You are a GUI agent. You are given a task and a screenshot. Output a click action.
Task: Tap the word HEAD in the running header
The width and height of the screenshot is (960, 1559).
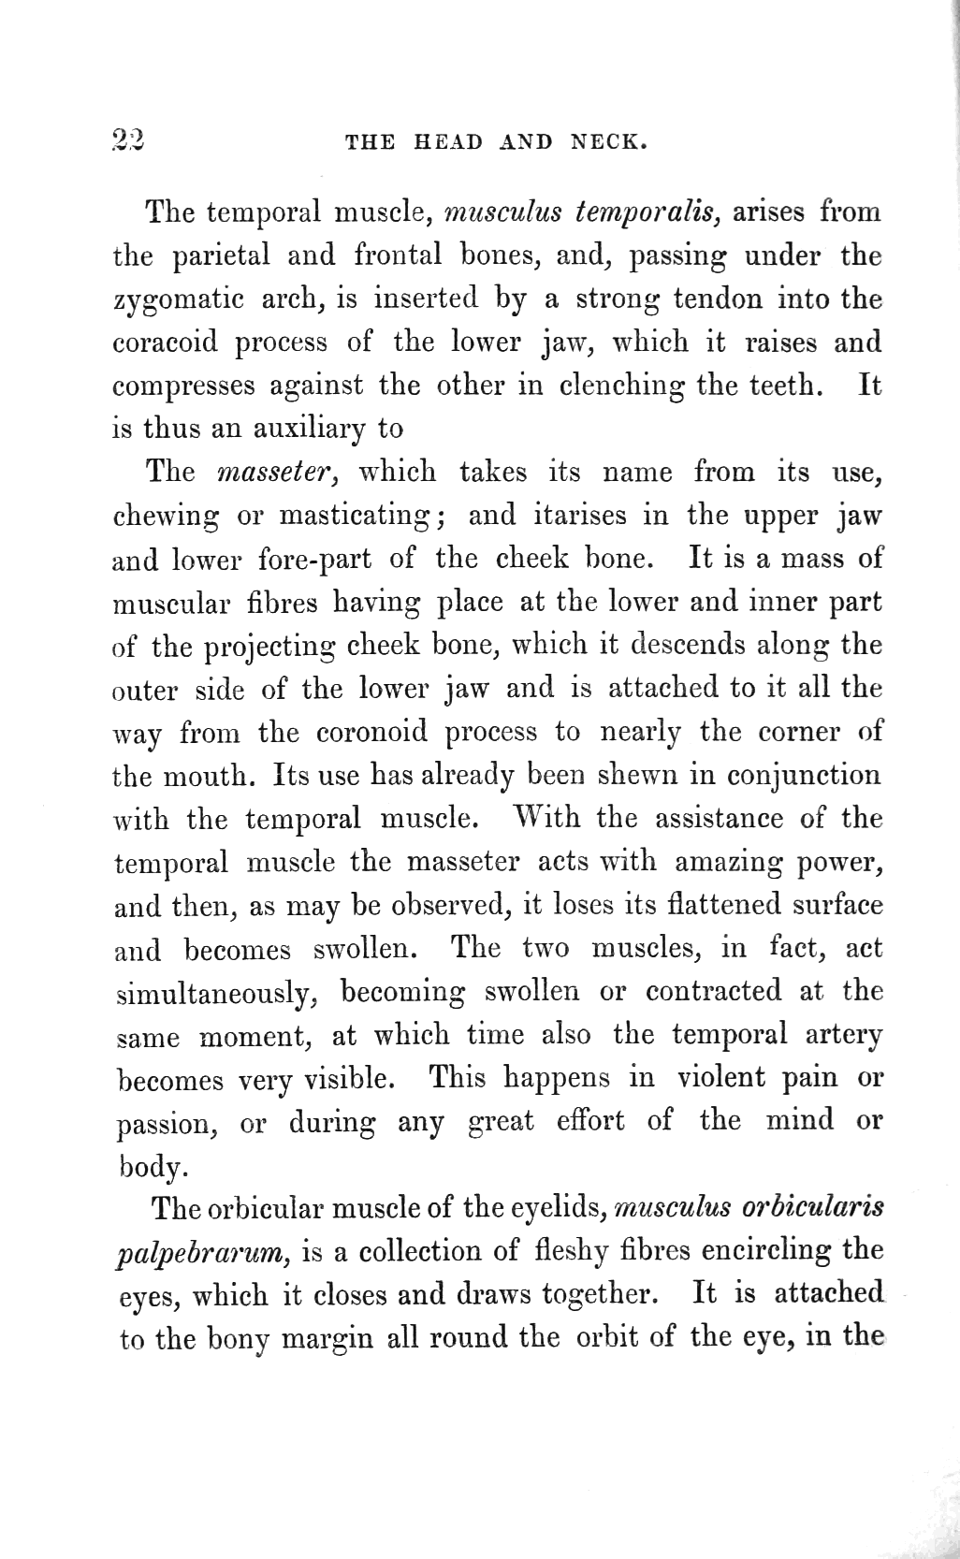tap(449, 143)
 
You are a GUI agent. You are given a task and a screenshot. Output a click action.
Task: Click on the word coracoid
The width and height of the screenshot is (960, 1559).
tap(165, 343)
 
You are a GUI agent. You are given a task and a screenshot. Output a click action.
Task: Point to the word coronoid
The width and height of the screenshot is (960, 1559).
tap(371, 732)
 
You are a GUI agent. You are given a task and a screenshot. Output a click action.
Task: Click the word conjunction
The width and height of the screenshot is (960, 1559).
tap(803, 776)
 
